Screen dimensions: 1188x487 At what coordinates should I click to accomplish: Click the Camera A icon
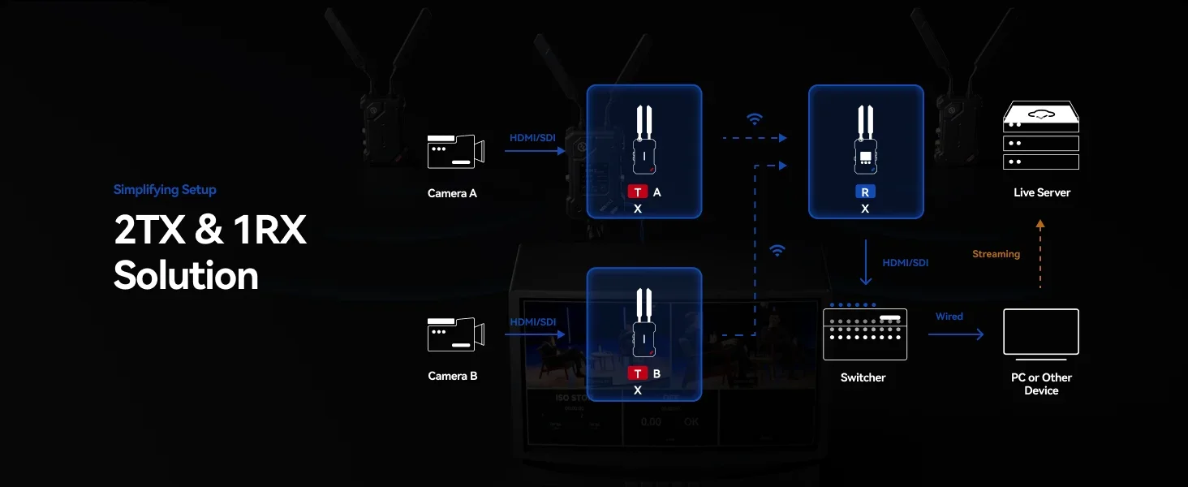(455, 152)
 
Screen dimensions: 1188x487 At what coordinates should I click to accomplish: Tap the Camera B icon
(455, 334)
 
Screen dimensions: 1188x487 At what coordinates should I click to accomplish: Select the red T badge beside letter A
(637, 192)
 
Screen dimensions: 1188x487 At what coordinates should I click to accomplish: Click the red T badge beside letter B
(637, 373)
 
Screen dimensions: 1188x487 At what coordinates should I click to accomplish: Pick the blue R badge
(865, 192)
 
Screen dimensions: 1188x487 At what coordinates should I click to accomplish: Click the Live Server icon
(1040, 135)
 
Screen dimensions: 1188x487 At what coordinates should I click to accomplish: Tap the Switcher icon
(864, 332)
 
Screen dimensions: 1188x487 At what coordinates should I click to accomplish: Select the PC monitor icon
(1040, 333)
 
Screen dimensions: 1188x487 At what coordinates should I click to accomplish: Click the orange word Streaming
(996, 254)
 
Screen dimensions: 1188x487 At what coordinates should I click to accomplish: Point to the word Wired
(949, 317)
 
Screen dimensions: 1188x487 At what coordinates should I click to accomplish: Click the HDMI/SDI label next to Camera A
(532, 138)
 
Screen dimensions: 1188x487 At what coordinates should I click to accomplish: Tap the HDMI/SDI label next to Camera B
(532, 322)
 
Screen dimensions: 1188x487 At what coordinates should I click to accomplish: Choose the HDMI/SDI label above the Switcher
(906, 263)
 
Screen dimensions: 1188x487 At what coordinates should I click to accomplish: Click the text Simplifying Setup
(165, 189)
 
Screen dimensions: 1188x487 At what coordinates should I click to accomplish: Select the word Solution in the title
(186, 276)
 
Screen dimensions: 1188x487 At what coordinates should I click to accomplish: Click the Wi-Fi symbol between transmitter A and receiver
(754, 119)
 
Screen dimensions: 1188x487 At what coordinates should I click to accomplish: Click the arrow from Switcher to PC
(956, 334)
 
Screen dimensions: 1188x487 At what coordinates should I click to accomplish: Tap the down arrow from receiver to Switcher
(866, 262)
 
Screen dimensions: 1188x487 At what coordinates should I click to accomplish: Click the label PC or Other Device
(1041, 384)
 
